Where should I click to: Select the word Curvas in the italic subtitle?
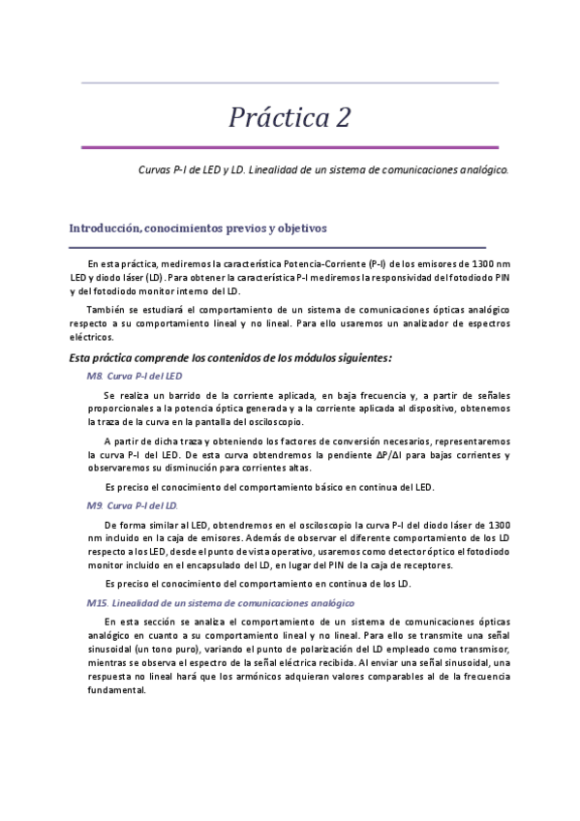click(156, 167)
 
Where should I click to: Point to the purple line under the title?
click(290, 147)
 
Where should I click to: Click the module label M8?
click(95, 376)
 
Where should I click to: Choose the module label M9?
click(95, 506)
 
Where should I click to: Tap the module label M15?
click(97, 602)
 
